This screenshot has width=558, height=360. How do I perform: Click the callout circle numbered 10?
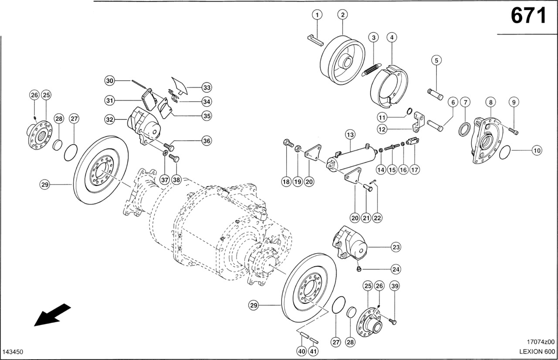click(x=537, y=150)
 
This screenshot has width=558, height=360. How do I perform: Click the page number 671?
click(x=528, y=16)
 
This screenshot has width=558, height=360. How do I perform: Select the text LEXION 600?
click(x=536, y=351)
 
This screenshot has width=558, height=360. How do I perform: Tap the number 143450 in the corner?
click(x=13, y=352)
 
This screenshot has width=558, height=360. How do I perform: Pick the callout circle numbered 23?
click(x=395, y=247)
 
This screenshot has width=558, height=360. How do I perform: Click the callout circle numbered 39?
click(x=395, y=286)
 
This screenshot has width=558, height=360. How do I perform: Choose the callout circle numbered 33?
click(x=207, y=88)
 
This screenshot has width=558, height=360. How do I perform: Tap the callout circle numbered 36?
click(x=207, y=140)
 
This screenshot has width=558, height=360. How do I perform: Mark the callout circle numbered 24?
click(x=395, y=269)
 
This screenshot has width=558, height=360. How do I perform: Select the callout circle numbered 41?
click(x=313, y=351)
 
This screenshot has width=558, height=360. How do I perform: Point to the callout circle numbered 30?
click(x=110, y=81)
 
